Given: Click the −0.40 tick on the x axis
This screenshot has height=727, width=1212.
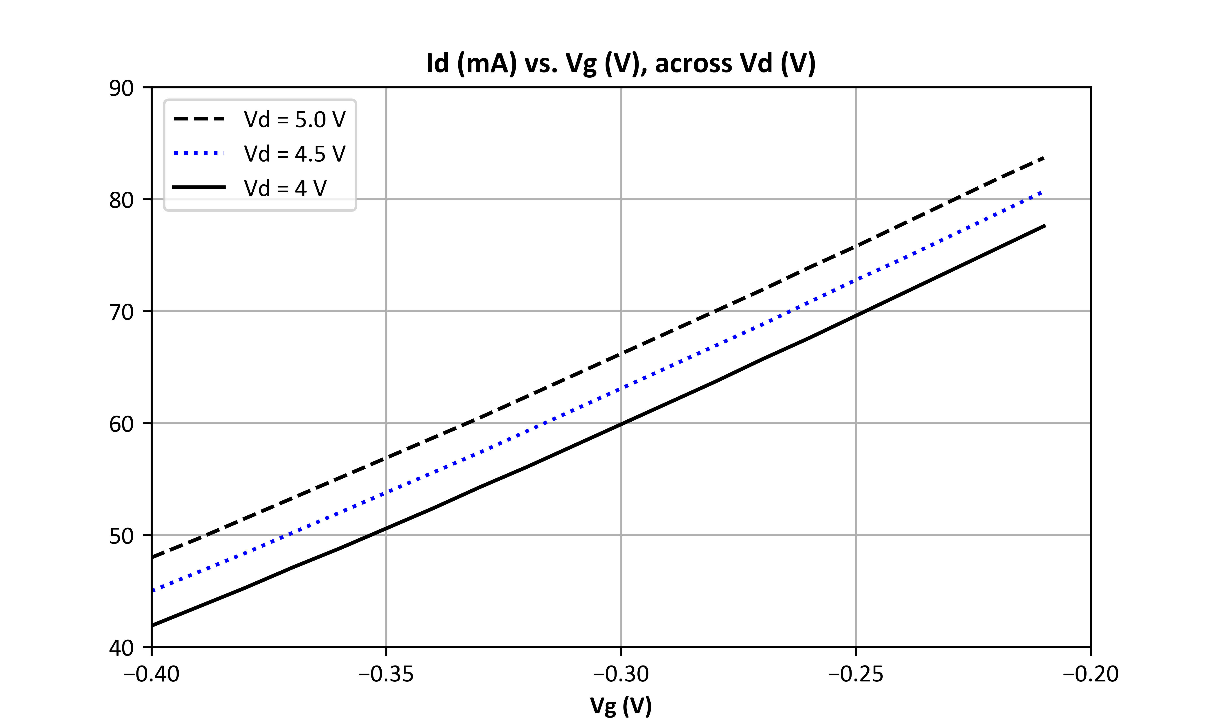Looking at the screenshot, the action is (152, 674).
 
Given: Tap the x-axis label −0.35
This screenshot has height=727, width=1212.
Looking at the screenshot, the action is (386, 674).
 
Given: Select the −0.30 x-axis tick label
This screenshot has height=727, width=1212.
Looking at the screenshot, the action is (621, 674).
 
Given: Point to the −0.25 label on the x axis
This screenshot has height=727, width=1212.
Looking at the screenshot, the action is (856, 674).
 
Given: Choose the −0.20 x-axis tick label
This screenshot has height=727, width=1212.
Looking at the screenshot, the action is (1091, 674).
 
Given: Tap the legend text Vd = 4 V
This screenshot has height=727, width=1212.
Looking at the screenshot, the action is (285, 188).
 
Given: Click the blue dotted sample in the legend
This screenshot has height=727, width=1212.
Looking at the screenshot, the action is (199, 153).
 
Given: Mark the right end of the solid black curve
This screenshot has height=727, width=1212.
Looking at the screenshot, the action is (1045, 225).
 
